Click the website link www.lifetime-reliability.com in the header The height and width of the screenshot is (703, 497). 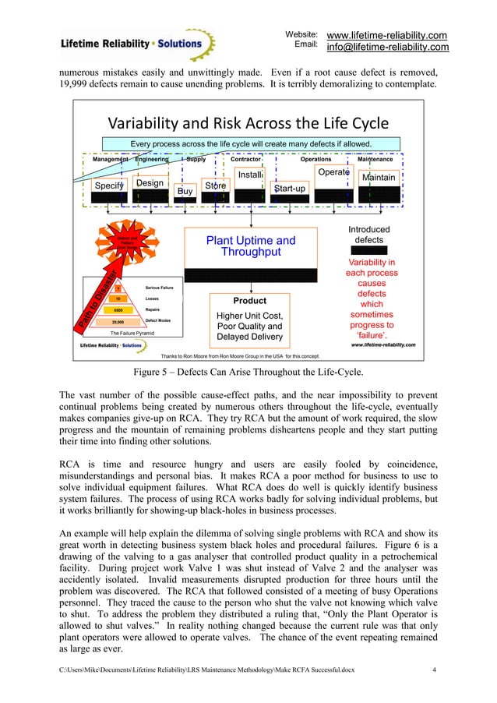coord(386,35)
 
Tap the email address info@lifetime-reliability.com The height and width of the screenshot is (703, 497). coord(387,48)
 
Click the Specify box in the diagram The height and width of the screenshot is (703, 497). coord(110,185)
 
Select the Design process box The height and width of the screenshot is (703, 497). coord(150,183)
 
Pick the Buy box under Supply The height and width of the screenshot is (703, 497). coord(185,190)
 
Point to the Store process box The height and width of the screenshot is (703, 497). coord(215,185)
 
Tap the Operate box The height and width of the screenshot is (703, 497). coord(334,171)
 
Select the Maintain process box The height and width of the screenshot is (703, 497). coord(379,178)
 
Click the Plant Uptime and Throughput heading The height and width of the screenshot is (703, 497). coord(250,246)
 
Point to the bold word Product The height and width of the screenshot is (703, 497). coord(250,300)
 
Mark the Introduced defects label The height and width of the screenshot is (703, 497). coord(368,235)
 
